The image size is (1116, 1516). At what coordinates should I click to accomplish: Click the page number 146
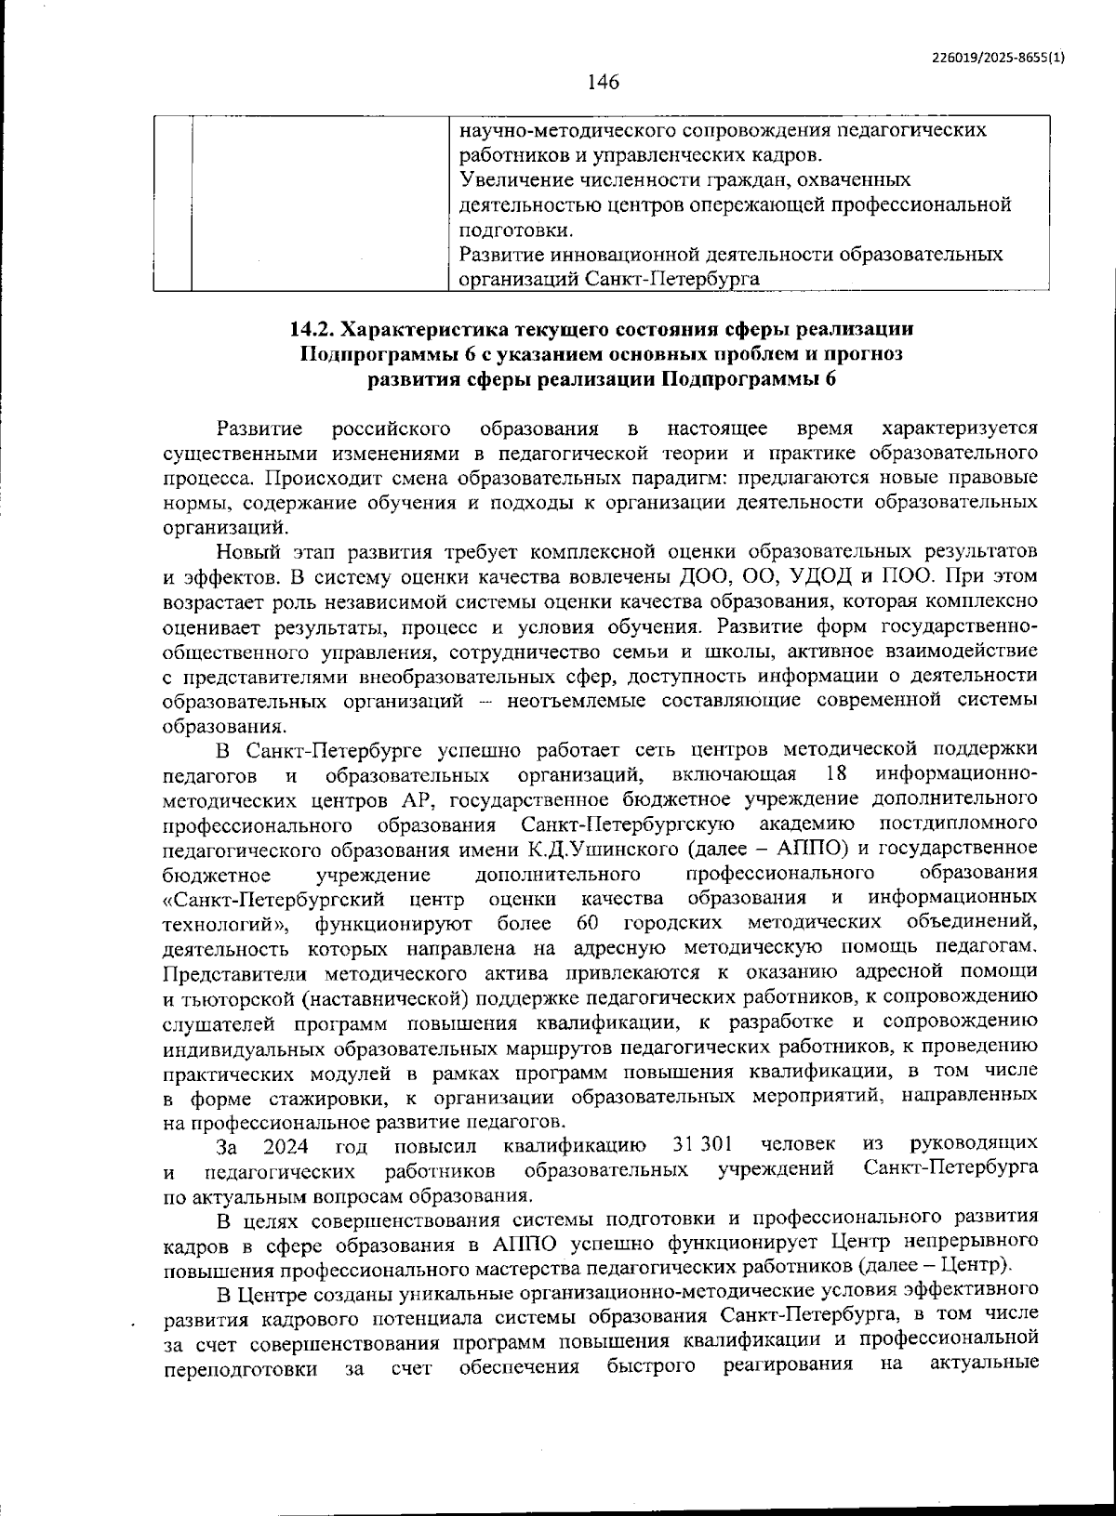point(603,82)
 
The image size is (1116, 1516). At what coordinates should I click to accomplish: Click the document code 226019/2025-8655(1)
point(998,57)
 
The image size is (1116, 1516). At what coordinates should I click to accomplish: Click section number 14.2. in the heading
point(316,329)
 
